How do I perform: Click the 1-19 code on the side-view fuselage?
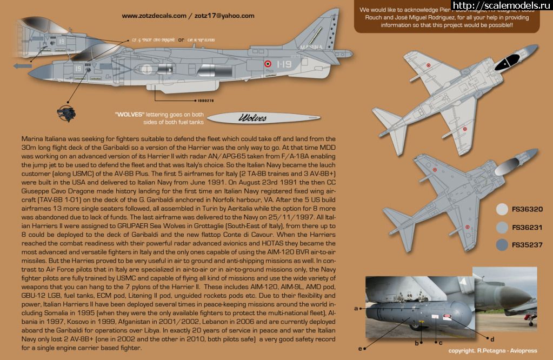(281, 64)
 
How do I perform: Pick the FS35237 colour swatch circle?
(502, 245)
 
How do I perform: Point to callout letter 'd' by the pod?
(492, 339)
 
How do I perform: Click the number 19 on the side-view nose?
(78, 69)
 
